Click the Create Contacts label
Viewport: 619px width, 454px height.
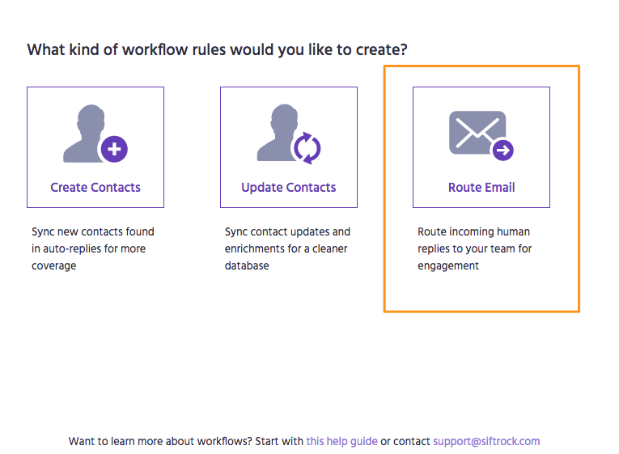click(95, 187)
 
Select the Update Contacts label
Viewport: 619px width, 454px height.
click(289, 188)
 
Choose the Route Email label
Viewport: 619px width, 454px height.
click(481, 187)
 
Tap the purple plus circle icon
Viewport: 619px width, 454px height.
click(114, 149)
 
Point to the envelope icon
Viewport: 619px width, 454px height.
click(477, 133)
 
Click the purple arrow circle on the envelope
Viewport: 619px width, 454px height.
click(502, 150)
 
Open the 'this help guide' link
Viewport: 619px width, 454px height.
click(342, 441)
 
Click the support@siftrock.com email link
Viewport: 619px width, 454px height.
click(486, 441)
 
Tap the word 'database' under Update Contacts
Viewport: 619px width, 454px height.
click(247, 265)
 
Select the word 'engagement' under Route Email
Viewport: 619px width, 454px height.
click(448, 266)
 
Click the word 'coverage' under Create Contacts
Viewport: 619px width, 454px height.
click(53, 266)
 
